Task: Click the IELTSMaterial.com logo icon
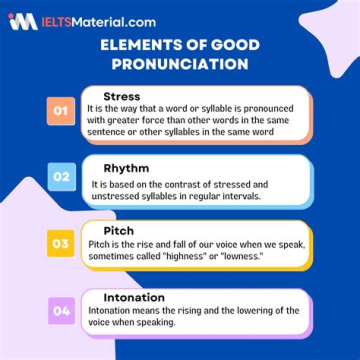pyautogui.click(x=23, y=21)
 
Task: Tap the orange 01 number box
pyautogui.click(x=61, y=110)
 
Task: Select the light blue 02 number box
pyautogui.click(x=62, y=176)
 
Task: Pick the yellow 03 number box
pyautogui.click(x=60, y=243)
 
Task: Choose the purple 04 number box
pyautogui.click(x=62, y=311)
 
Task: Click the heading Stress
pyautogui.click(x=121, y=96)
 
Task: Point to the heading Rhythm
pyautogui.click(x=126, y=168)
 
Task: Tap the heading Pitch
pyautogui.click(x=118, y=231)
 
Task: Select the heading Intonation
pyautogui.click(x=134, y=298)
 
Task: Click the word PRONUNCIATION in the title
pyautogui.click(x=180, y=64)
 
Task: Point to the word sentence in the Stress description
pyautogui.click(x=103, y=132)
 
